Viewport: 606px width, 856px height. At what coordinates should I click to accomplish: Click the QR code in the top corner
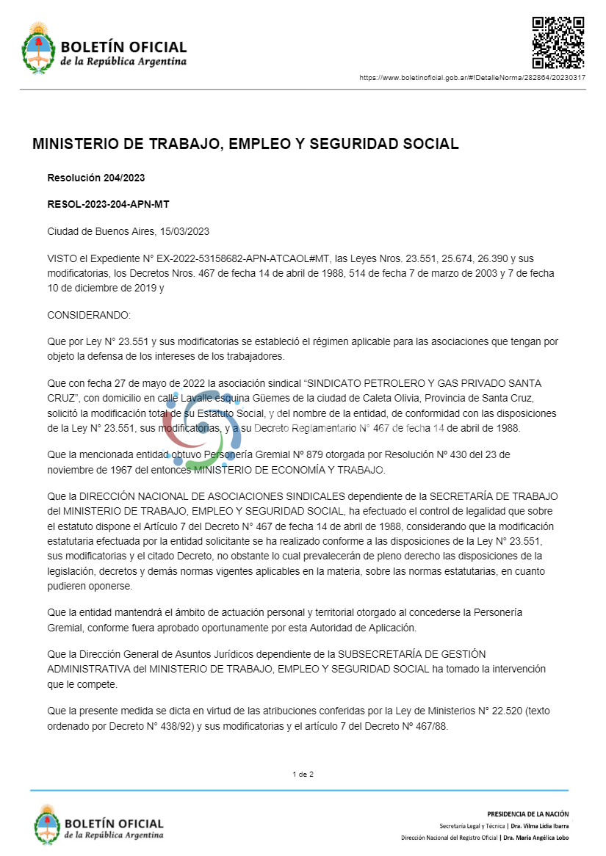click(558, 42)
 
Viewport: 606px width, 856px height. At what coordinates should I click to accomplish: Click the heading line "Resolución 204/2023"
click(96, 178)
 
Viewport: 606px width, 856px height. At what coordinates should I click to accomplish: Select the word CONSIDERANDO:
click(88, 315)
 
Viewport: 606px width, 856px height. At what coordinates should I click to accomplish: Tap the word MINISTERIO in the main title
click(77, 144)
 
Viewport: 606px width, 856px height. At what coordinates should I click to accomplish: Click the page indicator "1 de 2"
click(303, 774)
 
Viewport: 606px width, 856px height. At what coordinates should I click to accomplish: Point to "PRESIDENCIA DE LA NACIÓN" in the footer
click(527, 813)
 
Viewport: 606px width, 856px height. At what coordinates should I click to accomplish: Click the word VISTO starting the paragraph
click(62, 258)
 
